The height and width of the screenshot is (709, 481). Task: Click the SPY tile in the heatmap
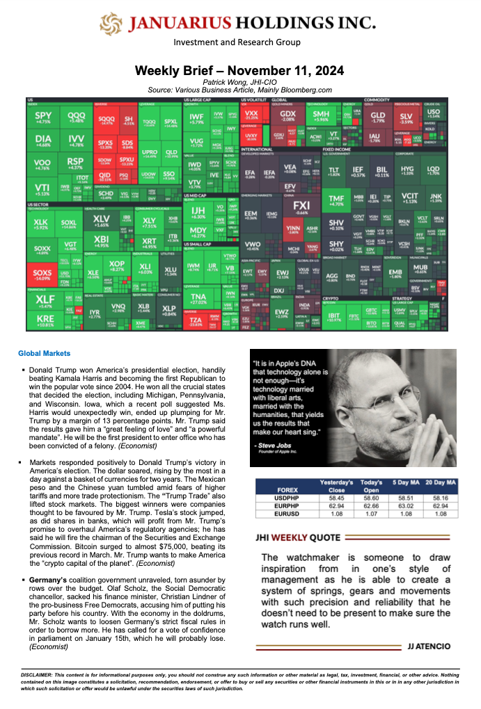pos(43,117)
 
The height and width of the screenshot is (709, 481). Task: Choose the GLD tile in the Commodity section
pos(378,117)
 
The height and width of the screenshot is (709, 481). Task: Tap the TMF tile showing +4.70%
pos(336,200)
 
